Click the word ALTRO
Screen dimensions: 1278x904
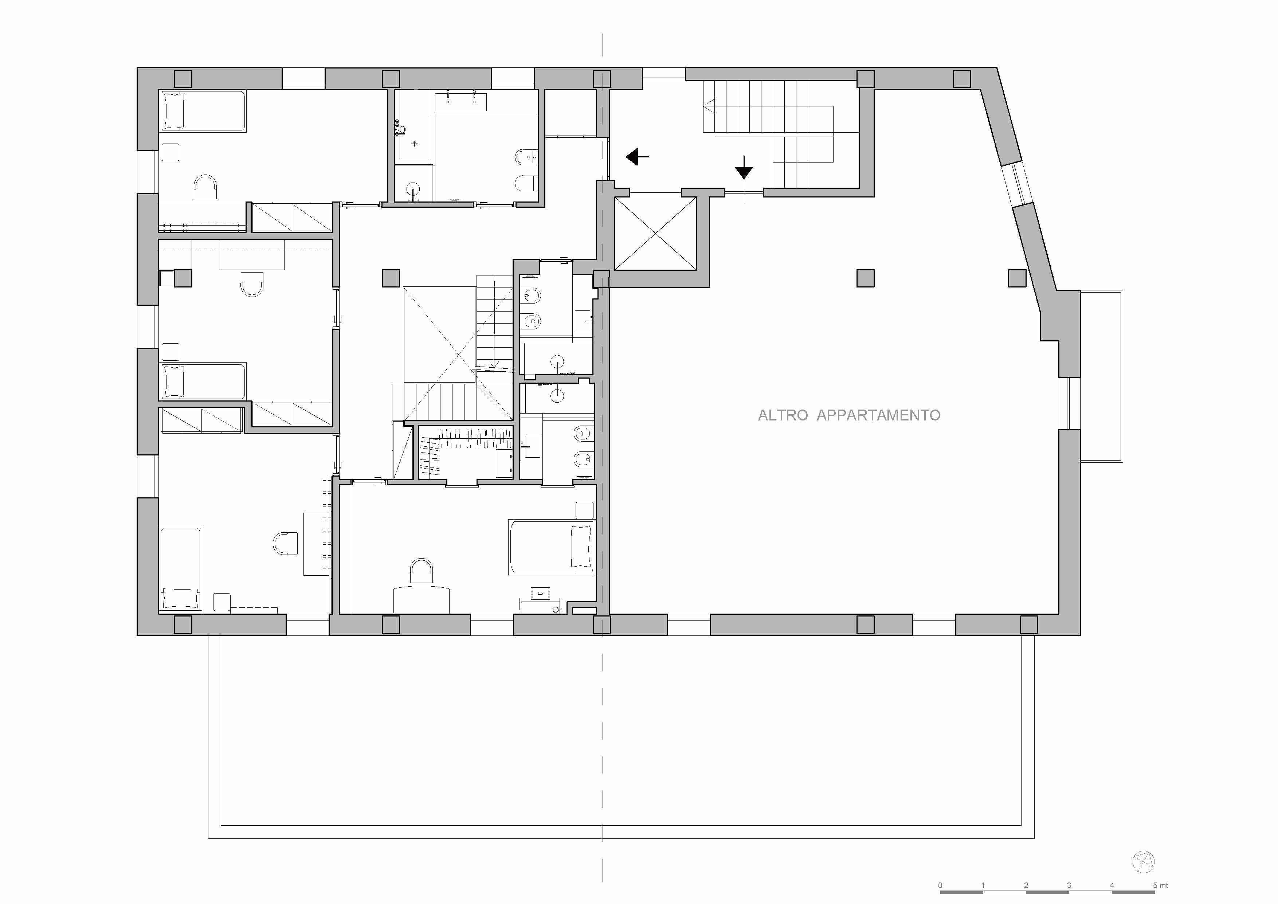[783, 415]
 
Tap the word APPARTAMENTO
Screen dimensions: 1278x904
[878, 415]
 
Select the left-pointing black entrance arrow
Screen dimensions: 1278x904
[637, 157]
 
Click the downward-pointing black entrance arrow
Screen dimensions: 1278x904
[744, 168]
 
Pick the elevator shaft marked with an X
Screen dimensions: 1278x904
[655, 234]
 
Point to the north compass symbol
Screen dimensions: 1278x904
[1143, 862]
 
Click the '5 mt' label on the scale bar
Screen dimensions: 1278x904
[1161, 885]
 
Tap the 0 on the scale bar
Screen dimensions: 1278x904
[941, 885]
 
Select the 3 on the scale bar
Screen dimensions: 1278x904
[1069, 885]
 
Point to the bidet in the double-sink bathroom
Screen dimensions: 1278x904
[524, 157]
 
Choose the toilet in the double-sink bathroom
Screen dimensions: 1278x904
[524, 183]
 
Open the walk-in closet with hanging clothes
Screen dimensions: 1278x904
[465, 451]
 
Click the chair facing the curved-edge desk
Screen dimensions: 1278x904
[422, 571]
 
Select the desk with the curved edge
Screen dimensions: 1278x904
[422, 599]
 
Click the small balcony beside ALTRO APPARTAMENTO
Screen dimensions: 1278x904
[1102, 376]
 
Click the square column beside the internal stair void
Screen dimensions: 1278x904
[391, 278]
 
